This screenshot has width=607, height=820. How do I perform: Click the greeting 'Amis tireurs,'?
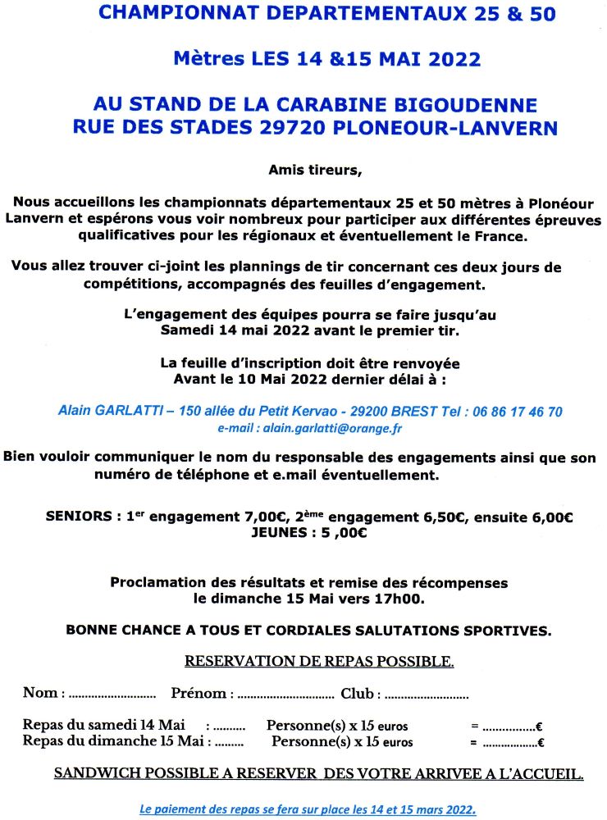(314, 171)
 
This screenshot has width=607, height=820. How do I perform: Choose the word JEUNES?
(282, 532)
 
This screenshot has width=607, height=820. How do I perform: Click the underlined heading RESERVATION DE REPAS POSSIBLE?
(319, 661)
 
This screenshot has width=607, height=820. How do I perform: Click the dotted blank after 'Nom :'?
(112, 695)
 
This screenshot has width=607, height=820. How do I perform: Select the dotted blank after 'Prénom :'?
(285, 695)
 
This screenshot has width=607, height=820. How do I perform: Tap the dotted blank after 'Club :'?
(426, 695)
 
